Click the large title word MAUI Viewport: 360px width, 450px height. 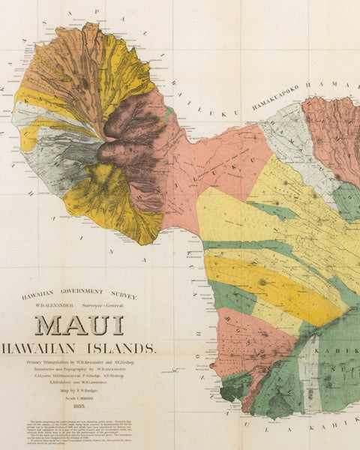pyautogui.click(x=79, y=325)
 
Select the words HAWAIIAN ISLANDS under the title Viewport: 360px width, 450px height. pyautogui.click(x=79, y=348)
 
